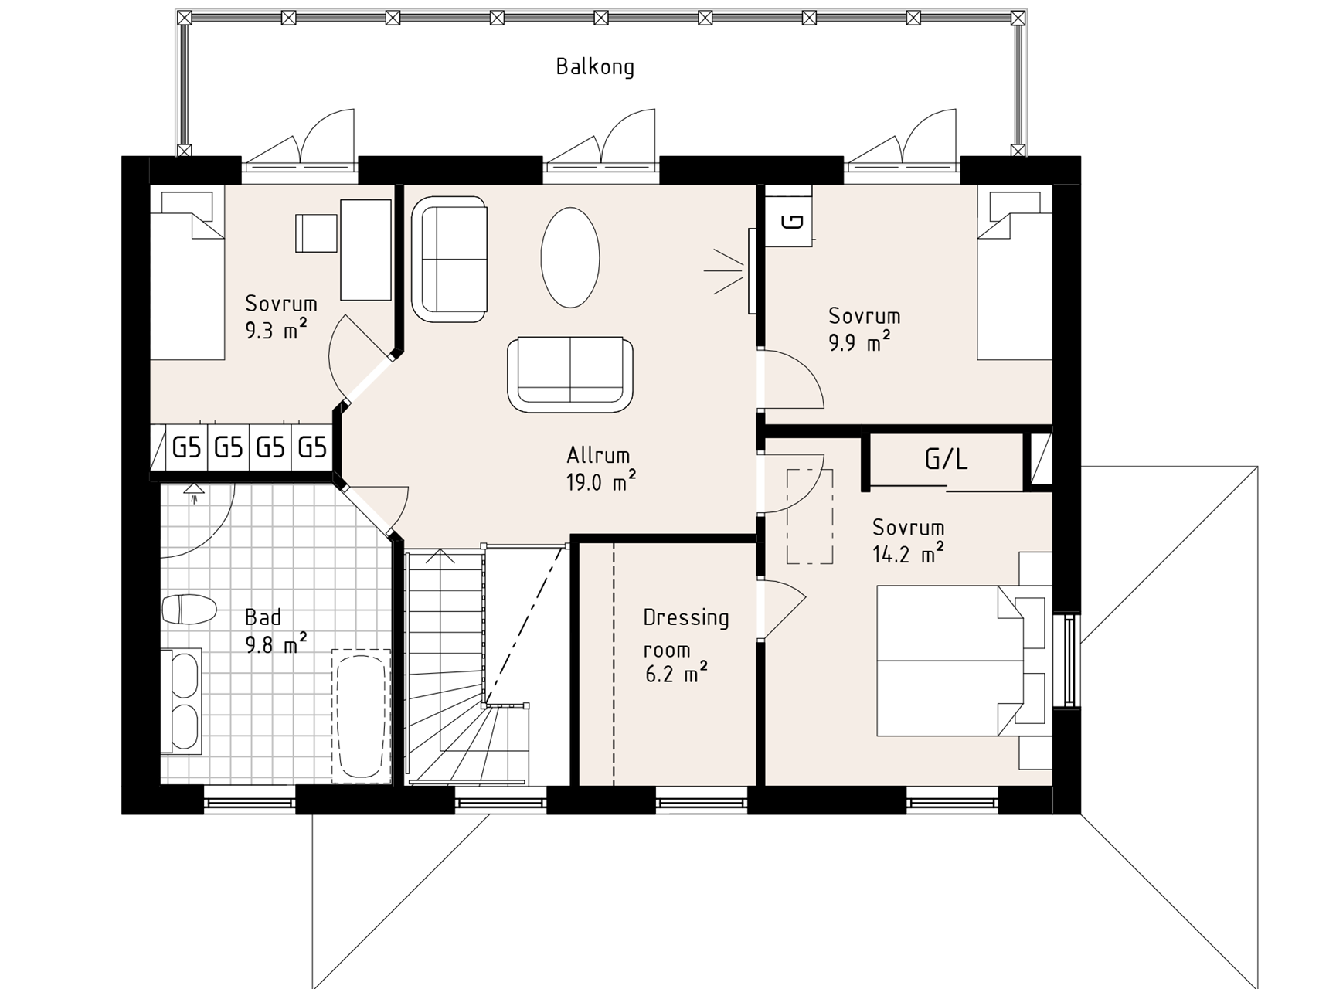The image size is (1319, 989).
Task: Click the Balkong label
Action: pyautogui.click(x=595, y=67)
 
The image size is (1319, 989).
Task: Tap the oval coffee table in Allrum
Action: pyautogui.click(x=570, y=258)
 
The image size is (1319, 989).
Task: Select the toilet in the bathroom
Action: pyautogui.click(x=189, y=609)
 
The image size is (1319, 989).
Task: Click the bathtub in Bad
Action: pyautogui.click(x=361, y=716)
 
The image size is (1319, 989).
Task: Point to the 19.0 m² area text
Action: pyautogui.click(x=601, y=483)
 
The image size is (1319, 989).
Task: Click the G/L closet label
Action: pyautogui.click(x=946, y=461)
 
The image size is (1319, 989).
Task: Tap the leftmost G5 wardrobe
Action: pyautogui.click(x=187, y=448)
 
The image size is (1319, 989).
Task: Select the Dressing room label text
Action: pyautogui.click(x=686, y=634)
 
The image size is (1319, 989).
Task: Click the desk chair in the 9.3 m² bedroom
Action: pyautogui.click(x=316, y=233)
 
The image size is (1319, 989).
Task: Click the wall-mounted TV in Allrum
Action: pyautogui.click(x=752, y=271)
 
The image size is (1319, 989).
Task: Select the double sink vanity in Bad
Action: pyautogui.click(x=181, y=701)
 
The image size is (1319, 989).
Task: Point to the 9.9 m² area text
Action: pyautogui.click(x=859, y=342)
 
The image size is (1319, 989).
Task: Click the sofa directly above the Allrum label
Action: pyautogui.click(x=570, y=374)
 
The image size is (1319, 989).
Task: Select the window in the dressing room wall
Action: pyautogui.click(x=702, y=801)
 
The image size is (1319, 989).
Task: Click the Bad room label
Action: pyautogui.click(x=263, y=617)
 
